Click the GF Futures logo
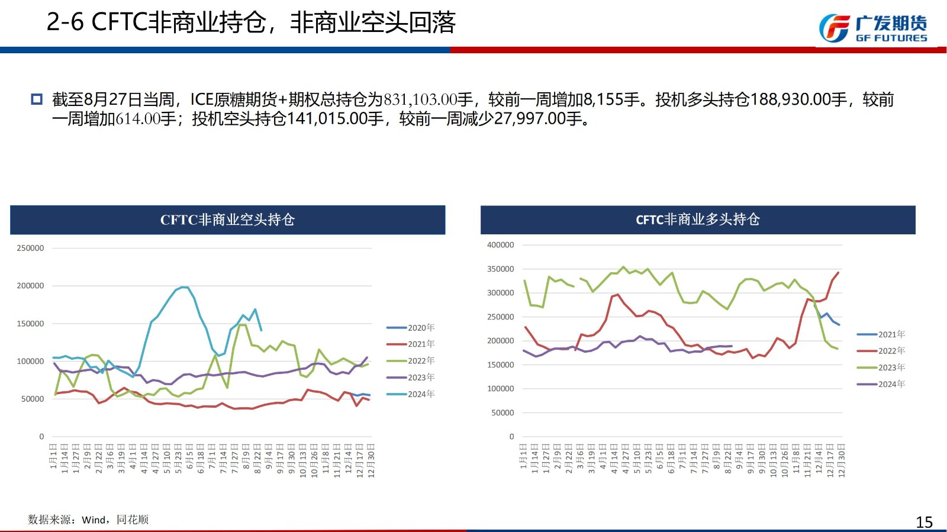tap(872, 28)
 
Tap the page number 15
tap(924, 522)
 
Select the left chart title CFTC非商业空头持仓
tap(227, 220)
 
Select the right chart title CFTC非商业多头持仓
tap(697, 220)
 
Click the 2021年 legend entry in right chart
tap(881, 335)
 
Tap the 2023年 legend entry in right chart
tap(881, 368)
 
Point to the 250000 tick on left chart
tap(30, 249)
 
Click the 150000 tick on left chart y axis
tap(30, 324)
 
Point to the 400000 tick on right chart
tap(500, 245)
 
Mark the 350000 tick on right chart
tap(500, 269)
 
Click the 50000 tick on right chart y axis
tap(503, 413)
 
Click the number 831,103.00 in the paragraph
tap(421, 100)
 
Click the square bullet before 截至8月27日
tap(37, 99)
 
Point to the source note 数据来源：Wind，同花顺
tap(88, 520)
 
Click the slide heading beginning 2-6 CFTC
tap(251, 22)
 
